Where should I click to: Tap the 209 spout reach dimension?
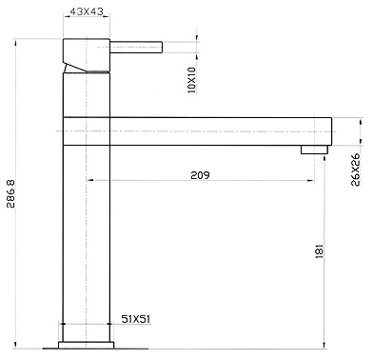(x=199, y=175)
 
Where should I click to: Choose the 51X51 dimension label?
(x=136, y=321)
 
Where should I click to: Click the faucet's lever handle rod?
(x=137, y=47)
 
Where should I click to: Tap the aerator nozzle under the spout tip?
(x=312, y=150)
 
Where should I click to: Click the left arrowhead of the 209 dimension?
(x=90, y=180)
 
